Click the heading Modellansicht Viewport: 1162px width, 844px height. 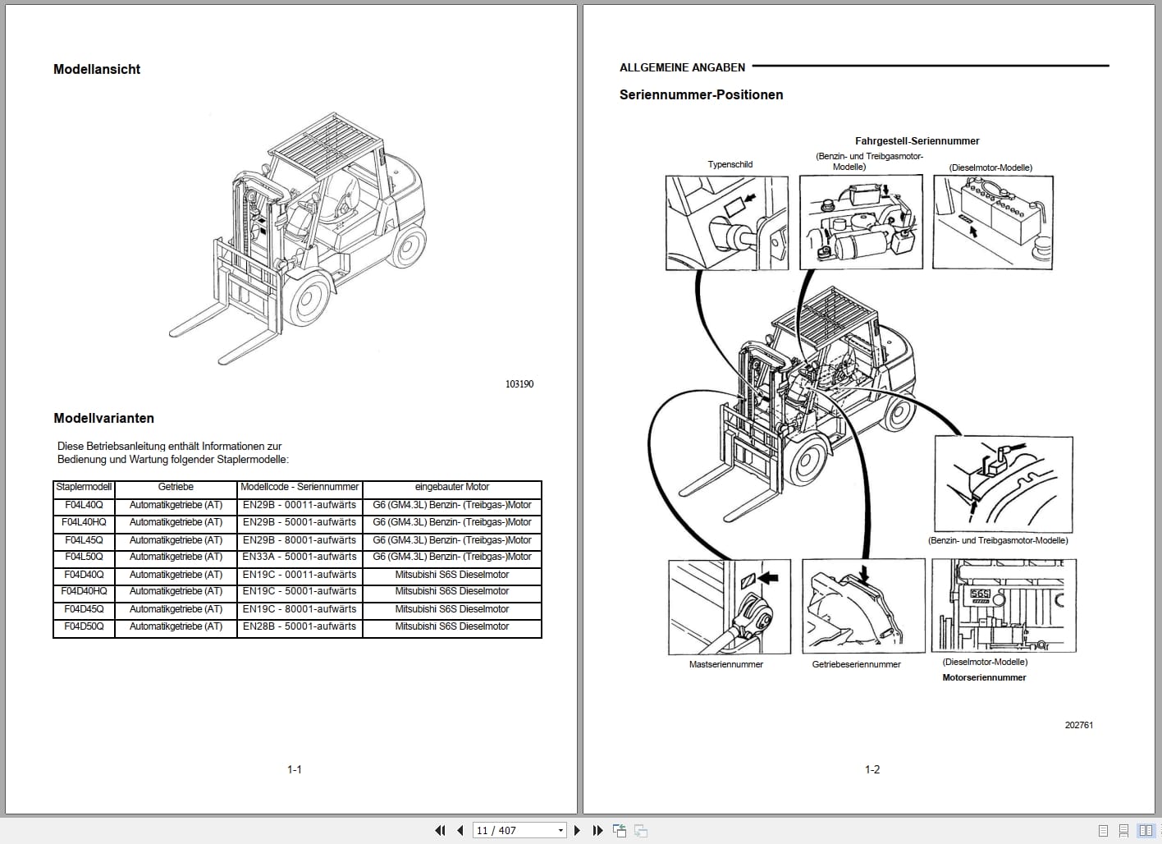click(x=97, y=70)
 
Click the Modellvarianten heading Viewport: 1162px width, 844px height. click(x=103, y=418)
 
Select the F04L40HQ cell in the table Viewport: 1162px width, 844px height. click(x=84, y=522)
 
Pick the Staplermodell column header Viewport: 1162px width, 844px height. click(x=84, y=487)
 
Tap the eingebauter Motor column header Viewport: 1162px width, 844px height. click(x=451, y=487)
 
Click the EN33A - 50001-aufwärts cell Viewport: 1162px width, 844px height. click(x=300, y=557)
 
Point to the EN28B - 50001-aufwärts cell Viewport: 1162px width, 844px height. click(x=300, y=626)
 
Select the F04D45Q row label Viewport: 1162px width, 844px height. click(x=84, y=609)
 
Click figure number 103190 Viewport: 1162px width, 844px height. click(x=519, y=384)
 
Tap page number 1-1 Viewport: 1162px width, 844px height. click(x=295, y=769)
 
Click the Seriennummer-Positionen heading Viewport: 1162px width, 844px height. click(x=701, y=95)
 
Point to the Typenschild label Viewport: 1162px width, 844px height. click(x=730, y=164)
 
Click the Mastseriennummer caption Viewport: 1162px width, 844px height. click(x=725, y=664)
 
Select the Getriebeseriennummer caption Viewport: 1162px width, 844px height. click(x=856, y=664)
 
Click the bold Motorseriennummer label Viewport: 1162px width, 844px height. click(x=984, y=677)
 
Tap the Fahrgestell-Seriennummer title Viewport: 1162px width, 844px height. click(x=917, y=141)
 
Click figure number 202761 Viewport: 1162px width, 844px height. click(x=1078, y=725)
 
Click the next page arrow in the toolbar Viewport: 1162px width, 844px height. click(x=577, y=830)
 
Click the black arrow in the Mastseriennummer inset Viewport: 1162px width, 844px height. click(x=768, y=579)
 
